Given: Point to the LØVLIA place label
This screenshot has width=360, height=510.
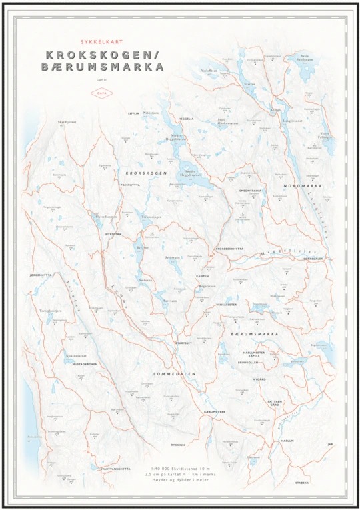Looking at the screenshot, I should [x=133, y=113].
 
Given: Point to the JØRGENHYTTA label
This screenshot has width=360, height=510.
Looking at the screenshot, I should [x=41, y=275].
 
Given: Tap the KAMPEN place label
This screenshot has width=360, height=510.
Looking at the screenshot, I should [x=202, y=275].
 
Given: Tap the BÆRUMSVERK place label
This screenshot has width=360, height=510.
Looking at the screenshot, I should [x=215, y=411].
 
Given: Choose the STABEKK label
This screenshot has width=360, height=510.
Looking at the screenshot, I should [x=302, y=481].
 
